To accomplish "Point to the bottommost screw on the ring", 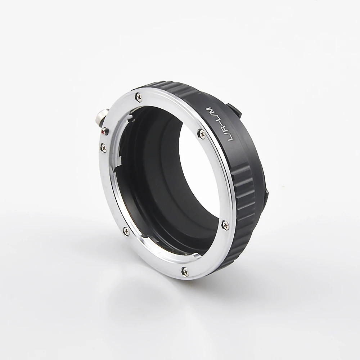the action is [x=185, y=271].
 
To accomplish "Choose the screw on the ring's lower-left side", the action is [x=126, y=231].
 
